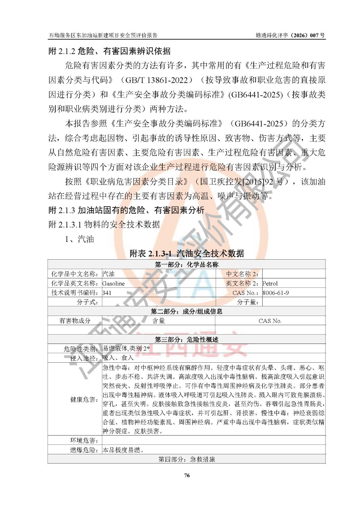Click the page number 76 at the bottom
(187, 475)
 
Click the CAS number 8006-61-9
(276, 293)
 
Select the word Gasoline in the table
(113, 283)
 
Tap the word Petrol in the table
(270, 283)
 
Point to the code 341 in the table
(107, 293)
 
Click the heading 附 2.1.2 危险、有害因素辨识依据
(109, 51)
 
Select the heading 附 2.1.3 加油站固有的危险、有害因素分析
(126, 210)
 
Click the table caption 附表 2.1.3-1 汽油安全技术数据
(187, 253)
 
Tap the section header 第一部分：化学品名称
(187, 264)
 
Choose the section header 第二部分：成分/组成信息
(187, 311)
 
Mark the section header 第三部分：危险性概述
(187, 339)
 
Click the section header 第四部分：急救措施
(187, 459)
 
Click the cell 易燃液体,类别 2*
(126, 348)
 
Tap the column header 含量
(159, 321)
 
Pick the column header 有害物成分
(75, 321)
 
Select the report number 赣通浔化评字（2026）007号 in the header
(290, 35)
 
